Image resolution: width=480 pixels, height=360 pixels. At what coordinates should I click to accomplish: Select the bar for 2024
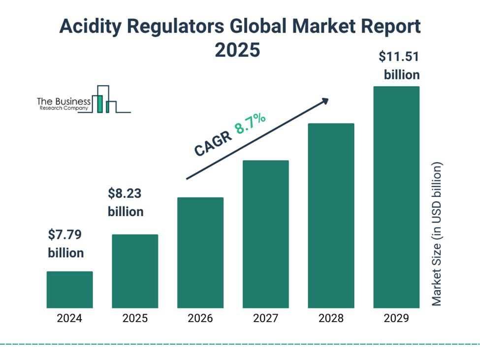click(69, 290)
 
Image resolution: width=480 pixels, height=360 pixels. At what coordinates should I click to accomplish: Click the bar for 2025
click(135, 271)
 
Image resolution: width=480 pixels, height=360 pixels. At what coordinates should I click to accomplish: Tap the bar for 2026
click(200, 253)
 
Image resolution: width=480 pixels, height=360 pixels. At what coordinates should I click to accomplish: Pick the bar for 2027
click(266, 234)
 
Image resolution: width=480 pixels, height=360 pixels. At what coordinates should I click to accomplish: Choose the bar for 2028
click(331, 216)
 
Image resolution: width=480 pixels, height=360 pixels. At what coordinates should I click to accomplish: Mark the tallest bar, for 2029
click(396, 197)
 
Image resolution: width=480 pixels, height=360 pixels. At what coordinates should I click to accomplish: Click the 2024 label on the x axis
click(69, 318)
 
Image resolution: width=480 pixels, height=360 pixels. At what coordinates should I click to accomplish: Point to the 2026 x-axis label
click(200, 318)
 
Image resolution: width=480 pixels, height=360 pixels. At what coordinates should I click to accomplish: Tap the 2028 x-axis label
click(331, 318)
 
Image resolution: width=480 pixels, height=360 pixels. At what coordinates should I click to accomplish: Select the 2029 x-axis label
click(396, 318)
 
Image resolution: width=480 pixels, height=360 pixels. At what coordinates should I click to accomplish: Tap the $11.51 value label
click(399, 57)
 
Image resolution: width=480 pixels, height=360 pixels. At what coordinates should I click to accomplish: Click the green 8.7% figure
click(251, 124)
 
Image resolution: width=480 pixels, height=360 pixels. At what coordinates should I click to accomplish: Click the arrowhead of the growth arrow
click(324, 100)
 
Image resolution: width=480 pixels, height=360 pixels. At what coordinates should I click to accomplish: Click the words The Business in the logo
click(64, 101)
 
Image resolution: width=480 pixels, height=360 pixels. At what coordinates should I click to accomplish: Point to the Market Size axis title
click(437, 233)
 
